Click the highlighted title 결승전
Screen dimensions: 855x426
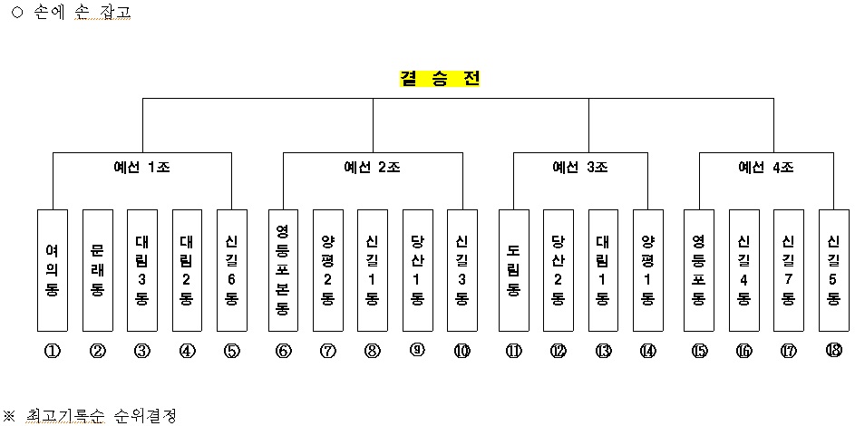pos(440,79)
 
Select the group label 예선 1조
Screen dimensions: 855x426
pos(141,168)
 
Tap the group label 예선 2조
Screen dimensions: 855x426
pos(373,168)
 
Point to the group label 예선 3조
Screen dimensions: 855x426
pos(580,168)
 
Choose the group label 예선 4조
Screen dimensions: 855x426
pos(766,168)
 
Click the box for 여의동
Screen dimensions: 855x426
pos(53,270)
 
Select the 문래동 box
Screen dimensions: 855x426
pos(98,270)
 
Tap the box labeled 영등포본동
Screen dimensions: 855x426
pos(283,270)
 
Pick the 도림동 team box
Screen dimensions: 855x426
pos(514,270)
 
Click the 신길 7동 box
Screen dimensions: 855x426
pos(789,270)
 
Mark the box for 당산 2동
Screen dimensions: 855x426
pos(558,270)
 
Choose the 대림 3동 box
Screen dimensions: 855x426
pos(141,270)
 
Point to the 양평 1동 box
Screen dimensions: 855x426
pos(647,270)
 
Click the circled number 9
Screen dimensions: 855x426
pos(417,350)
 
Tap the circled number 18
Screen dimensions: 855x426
pos(834,350)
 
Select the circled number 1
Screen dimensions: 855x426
pos(53,352)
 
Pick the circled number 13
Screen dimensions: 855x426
pos(603,352)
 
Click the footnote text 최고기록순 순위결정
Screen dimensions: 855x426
pos(102,416)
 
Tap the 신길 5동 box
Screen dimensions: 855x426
pos(834,270)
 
